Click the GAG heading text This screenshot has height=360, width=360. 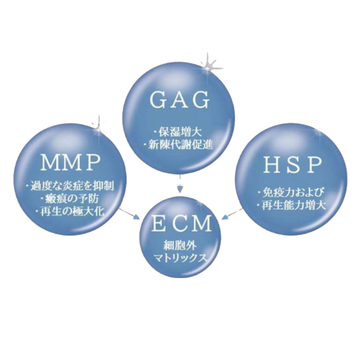pyautogui.click(x=179, y=100)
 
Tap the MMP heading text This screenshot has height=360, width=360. pyautogui.click(x=71, y=162)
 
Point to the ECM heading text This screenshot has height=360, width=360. pyautogui.click(x=181, y=223)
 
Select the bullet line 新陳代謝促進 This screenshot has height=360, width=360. pyautogui.click(x=178, y=145)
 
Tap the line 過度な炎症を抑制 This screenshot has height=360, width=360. pyautogui.click(x=70, y=185)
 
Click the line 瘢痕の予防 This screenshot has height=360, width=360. pyautogui.click(x=70, y=198)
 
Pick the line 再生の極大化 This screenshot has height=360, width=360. pyautogui.click(x=70, y=211)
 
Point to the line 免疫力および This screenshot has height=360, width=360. pyautogui.click(x=291, y=192)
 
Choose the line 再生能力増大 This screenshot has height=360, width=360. pyautogui.click(x=291, y=206)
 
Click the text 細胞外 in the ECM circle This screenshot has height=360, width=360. pyautogui.click(x=180, y=246)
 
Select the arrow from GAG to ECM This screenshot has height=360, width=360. pyautogui.click(x=181, y=183)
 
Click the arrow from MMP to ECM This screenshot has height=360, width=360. pyautogui.click(x=130, y=213)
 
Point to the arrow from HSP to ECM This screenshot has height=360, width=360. pyautogui.click(x=233, y=213)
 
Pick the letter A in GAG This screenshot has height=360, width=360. pyautogui.click(x=179, y=100)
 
